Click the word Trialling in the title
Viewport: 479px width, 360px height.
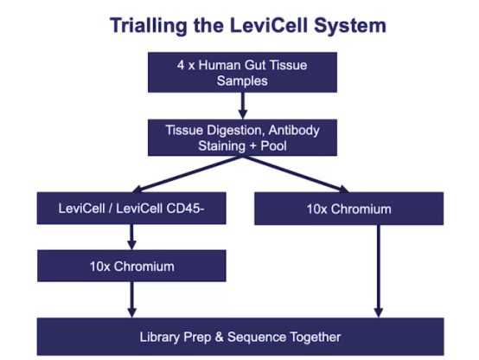tap(149, 26)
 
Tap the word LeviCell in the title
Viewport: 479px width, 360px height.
tap(269, 25)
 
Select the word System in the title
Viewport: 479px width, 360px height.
tap(350, 26)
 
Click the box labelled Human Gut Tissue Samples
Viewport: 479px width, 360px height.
tap(242, 72)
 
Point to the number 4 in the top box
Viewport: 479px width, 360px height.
tap(181, 65)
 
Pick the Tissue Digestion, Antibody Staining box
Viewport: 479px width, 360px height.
tap(242, 138)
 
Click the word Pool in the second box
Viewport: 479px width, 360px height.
tap(273, 145)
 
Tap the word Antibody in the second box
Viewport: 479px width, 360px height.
tap(294, 131)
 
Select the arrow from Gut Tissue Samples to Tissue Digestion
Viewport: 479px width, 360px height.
tap(243, 106)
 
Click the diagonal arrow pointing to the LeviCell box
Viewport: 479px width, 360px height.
tap(188, 174)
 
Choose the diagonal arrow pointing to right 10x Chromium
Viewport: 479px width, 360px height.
tap(296, 174)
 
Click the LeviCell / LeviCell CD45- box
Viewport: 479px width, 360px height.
tap(131, 209)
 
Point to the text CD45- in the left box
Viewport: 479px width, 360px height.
tap(185, 209)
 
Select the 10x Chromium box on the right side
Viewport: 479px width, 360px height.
tap(348, 209)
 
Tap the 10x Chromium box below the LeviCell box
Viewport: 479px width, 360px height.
tap(131, 266)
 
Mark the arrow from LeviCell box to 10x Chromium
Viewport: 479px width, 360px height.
tap(131, 237)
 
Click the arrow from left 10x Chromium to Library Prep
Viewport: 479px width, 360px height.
tap(131, 299)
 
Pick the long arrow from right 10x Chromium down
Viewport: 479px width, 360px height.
tap(379, 272)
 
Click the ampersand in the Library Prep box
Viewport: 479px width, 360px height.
tap(219, 337)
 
